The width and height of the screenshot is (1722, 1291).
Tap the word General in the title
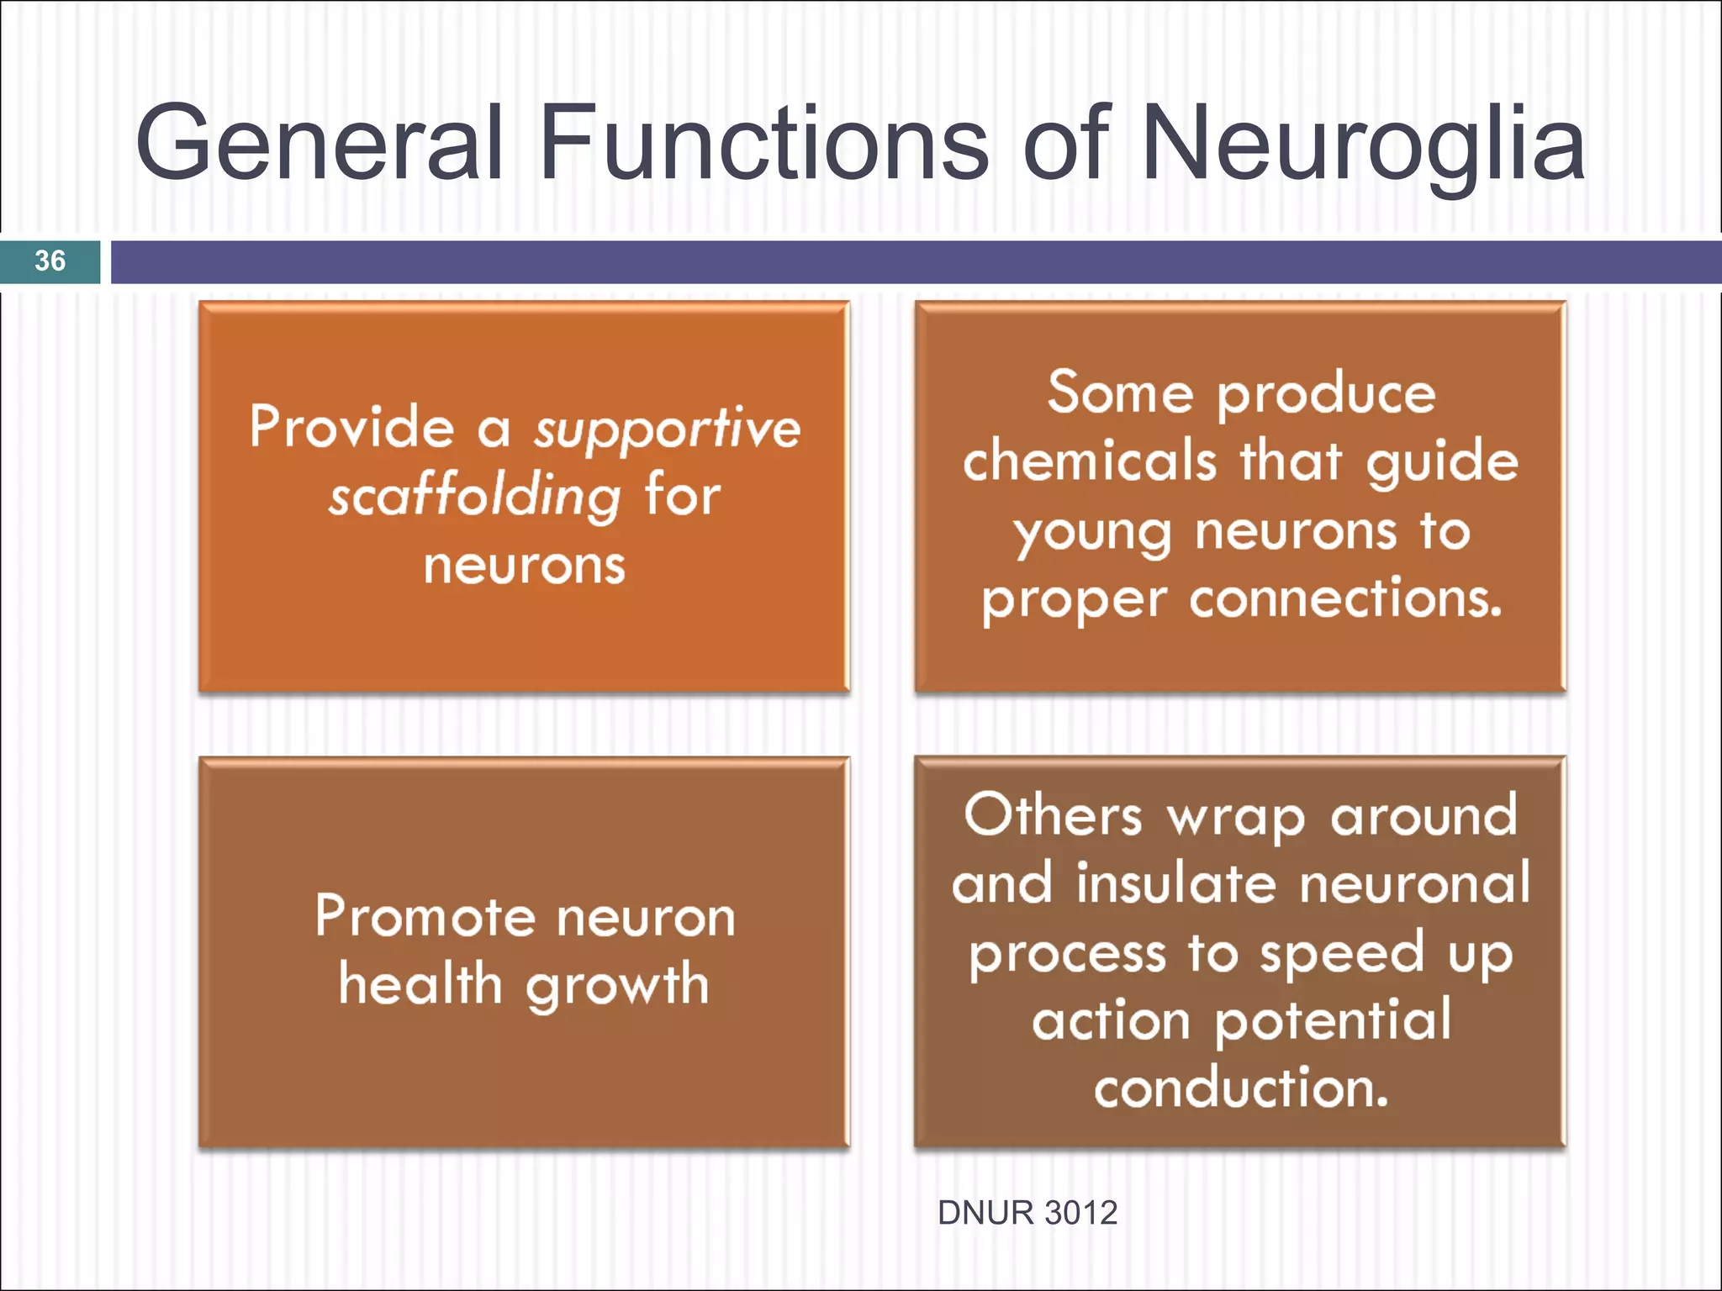pyautogui.click(x=320, y=143)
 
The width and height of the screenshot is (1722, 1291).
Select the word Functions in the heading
pyautogui.click(x=763, y=143)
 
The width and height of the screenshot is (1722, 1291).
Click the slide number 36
pyautogui.click(x=50, y=261)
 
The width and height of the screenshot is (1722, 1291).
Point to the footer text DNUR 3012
pyautogui.click(x=1027, y=1213)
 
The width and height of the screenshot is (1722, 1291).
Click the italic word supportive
pyautogui.click(x=668, y=429)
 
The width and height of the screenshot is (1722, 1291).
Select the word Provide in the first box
pyautogui.click(x=351, y=426)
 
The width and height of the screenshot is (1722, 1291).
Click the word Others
pyautogui.click(x=1053, y=815)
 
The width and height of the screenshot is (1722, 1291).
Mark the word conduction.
pyautogui.click(x=1240, y=1088)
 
